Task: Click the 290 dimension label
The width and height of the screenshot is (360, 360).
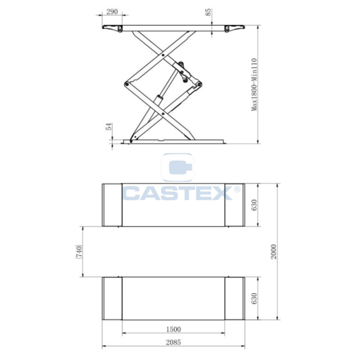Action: tap(112, 12)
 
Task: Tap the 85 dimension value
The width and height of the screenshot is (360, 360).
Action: tap(208, 12)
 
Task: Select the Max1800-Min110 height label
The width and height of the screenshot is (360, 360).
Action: tap(254, 85)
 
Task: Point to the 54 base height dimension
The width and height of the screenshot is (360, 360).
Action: tap(109, 126)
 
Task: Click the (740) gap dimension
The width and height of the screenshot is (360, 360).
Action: tap(78, 252)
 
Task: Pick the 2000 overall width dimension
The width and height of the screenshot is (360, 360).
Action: tap(274, 252)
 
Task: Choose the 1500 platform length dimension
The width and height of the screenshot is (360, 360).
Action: tap(173, 329)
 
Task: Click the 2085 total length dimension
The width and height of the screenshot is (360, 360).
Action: tap(173, 342)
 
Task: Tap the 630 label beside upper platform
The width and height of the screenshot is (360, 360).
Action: tap(254, 205)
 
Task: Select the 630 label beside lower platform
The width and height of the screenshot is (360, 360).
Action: tap(254, 298)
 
